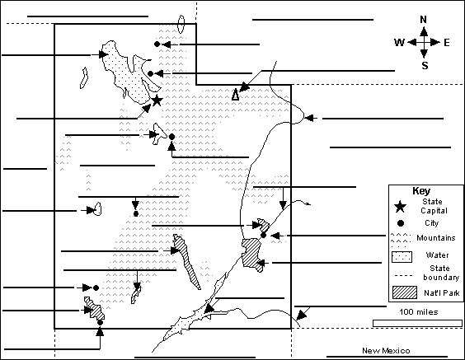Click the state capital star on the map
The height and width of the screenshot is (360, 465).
point(157,101)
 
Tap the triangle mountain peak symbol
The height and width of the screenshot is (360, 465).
point(235,94)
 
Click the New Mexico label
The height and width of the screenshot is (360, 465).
point(386,351)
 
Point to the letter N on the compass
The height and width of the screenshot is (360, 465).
point(424,20)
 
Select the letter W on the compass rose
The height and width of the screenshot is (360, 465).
point(399,43)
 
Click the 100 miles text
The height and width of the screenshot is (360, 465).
point(419,312)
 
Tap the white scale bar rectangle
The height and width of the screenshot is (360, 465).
point(417,323)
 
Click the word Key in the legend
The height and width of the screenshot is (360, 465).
point(421,191)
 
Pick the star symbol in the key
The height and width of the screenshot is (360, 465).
point(400,207)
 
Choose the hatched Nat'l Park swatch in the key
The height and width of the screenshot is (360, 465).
point(405,292)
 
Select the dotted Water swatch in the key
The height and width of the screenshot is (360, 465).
point(402,257)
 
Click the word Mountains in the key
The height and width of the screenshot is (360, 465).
point(435,238)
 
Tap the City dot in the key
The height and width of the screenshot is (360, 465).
point(401,222)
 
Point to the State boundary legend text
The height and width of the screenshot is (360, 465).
point(441,273)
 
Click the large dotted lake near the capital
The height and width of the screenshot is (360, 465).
point(129,72)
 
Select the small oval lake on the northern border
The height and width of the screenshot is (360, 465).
point(181,24)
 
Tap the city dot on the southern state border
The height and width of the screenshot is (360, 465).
point(100,322)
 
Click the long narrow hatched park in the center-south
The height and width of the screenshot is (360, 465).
point(186,261)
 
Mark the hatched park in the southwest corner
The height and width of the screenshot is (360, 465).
point(95,308)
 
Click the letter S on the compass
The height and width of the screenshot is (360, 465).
point(425,65)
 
